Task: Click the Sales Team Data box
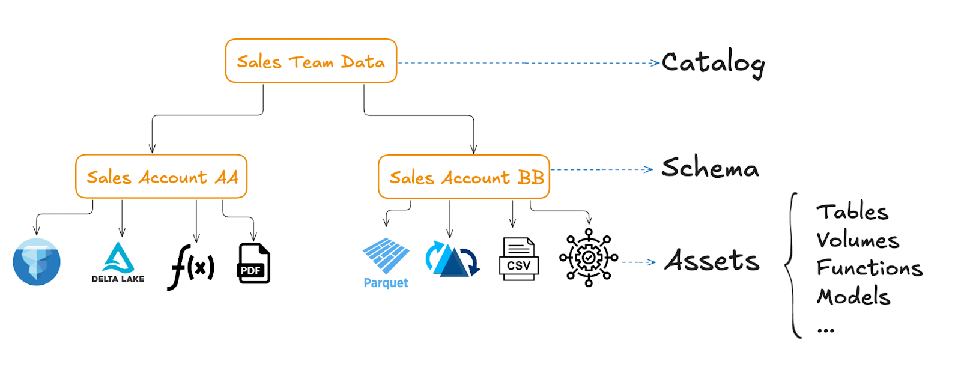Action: click(x=311, y=61)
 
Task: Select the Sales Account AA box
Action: click(x=162, y=177)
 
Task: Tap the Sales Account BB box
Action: click(x=464, y=177)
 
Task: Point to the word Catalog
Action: click(x=713, y=63)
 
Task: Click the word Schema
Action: click(x=710, y=168)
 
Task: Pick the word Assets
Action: click(x=712, y=261)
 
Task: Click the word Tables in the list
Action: click(x=852, y=212)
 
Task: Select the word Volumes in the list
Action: click(x=858, y=240)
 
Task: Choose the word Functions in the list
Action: click(x=869, y=268)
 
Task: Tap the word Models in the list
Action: click(x=853, y=297)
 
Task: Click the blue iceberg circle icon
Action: click(x=37, y=262)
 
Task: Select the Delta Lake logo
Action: click(x=118, y=262)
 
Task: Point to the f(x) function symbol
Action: click(x=191, y=266)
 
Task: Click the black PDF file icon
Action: click(x=254, y=263)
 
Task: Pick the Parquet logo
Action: click(x=386, y=263)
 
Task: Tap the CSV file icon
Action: click(x=518, y=259)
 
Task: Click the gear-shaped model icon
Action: click(x=589, y=258)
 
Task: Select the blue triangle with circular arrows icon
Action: click(x=452, y=259)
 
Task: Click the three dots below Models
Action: click(x=826, y=330)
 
